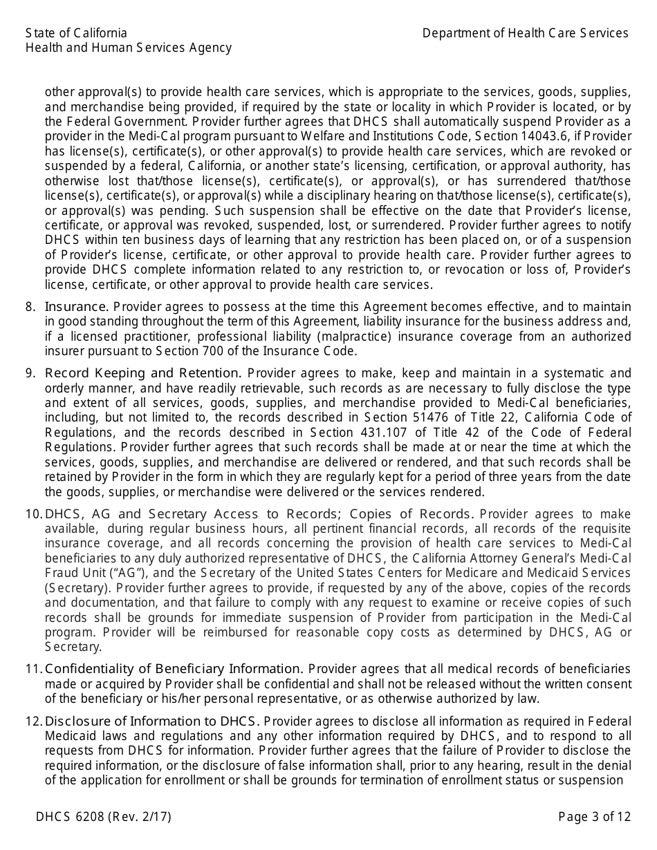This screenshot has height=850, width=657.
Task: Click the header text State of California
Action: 76,33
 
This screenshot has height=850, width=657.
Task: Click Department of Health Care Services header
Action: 526,33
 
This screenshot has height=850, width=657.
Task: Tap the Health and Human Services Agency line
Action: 129,48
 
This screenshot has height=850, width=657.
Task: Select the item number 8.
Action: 30,306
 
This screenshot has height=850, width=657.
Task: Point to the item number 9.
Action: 30,373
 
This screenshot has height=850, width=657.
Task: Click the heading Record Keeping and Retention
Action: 143,373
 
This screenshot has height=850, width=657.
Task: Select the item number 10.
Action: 34,514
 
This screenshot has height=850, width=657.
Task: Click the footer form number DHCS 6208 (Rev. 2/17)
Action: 104,817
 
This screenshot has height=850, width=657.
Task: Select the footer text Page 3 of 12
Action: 595,817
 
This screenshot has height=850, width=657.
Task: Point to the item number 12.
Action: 34,721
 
